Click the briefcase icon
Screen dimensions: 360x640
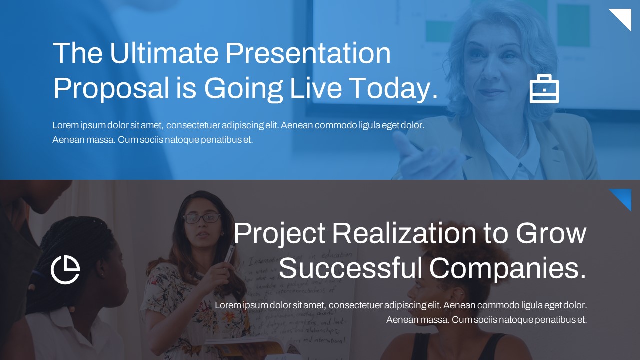pyautogui.click(x=544, y=89)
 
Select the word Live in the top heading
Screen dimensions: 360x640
pyautogui.click(x=316, y=88)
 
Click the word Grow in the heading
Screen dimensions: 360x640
pyautogui.click(x=551, y=233)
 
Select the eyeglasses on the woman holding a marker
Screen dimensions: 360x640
pyautogui.click(x=202, y=218)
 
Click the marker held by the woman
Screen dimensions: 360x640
pyautogui.click(x=229, y=254)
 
